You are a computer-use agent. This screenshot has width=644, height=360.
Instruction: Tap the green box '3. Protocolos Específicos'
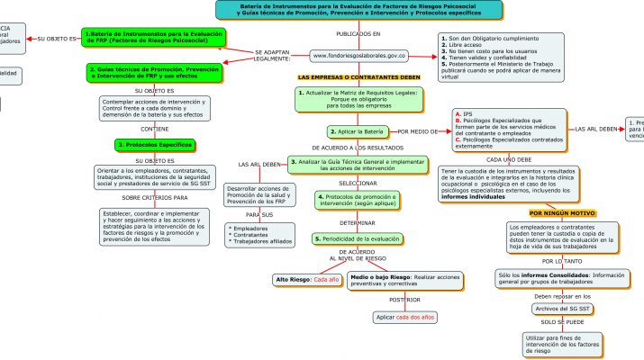[x=155, y=145]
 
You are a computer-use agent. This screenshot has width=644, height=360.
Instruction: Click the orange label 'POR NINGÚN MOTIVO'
[x=564, y=213]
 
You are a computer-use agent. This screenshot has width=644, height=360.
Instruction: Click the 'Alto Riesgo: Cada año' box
[x=307, y=280]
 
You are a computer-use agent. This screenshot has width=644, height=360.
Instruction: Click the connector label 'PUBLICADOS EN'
[x=358, y=33]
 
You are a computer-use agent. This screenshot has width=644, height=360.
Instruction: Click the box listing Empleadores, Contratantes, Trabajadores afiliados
[x=259, y=235]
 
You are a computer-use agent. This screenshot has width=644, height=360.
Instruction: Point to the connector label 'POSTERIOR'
[x=405, y=299]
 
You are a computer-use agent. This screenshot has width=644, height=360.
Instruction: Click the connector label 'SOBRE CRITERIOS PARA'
[x=155, y=196]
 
